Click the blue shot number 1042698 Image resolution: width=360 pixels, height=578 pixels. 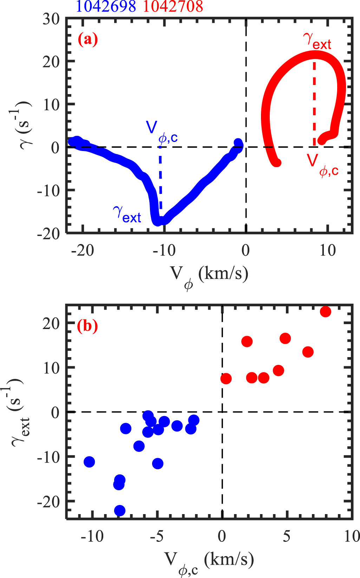(x=105, y=6)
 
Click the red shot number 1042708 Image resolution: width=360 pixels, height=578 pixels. (x=173, y=6)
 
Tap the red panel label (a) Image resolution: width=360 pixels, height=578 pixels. (x=88, y=39)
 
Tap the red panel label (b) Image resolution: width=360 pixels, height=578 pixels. (x=87, y=326)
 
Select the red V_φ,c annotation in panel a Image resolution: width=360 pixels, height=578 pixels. (x=322, y=163)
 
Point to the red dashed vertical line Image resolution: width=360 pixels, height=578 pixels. (x=314, y=102)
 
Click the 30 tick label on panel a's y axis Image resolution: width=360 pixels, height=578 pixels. (x=51, y=19)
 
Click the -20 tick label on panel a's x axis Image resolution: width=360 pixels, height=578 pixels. (x=83, y=250)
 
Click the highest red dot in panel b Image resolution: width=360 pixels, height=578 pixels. (x=326, y=311)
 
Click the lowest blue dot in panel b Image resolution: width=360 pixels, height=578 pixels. (x=120, y=510)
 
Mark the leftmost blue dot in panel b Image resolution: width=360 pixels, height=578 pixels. (x=89, y=462)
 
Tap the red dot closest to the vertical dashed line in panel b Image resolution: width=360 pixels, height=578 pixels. (x=226, y=379)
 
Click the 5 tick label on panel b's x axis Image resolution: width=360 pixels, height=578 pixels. (x=287, y=536)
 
